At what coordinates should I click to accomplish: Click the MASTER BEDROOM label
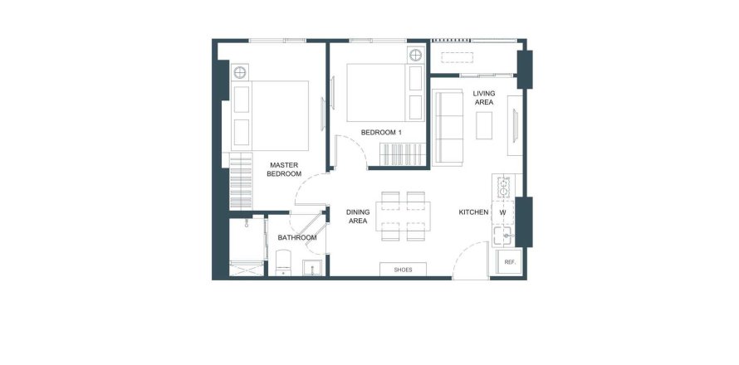coord(284,169)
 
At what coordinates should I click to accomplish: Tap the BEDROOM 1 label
coord(381,133)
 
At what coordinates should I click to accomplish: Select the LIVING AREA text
coord(484,98)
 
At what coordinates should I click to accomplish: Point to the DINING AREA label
coord(358,217)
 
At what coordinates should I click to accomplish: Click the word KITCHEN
coord(473,212)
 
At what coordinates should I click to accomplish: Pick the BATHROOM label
coord(297,238)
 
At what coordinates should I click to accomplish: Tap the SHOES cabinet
coord(403,270)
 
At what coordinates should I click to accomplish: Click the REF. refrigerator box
coord(509,262)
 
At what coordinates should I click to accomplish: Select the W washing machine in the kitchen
coord(503,212)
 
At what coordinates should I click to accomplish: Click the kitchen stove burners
coord(504,187)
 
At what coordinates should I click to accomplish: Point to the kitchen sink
coord(504,236)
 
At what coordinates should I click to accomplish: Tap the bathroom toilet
coord(283,262)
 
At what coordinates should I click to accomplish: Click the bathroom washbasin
coord(311,267)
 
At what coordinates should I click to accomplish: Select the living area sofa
coord(448,128)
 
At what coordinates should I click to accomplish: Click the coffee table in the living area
coord(484,125)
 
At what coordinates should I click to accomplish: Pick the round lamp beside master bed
coord(240,72)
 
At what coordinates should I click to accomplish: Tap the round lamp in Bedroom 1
coord(415,55)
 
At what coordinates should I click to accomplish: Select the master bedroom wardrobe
coord(241,182)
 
